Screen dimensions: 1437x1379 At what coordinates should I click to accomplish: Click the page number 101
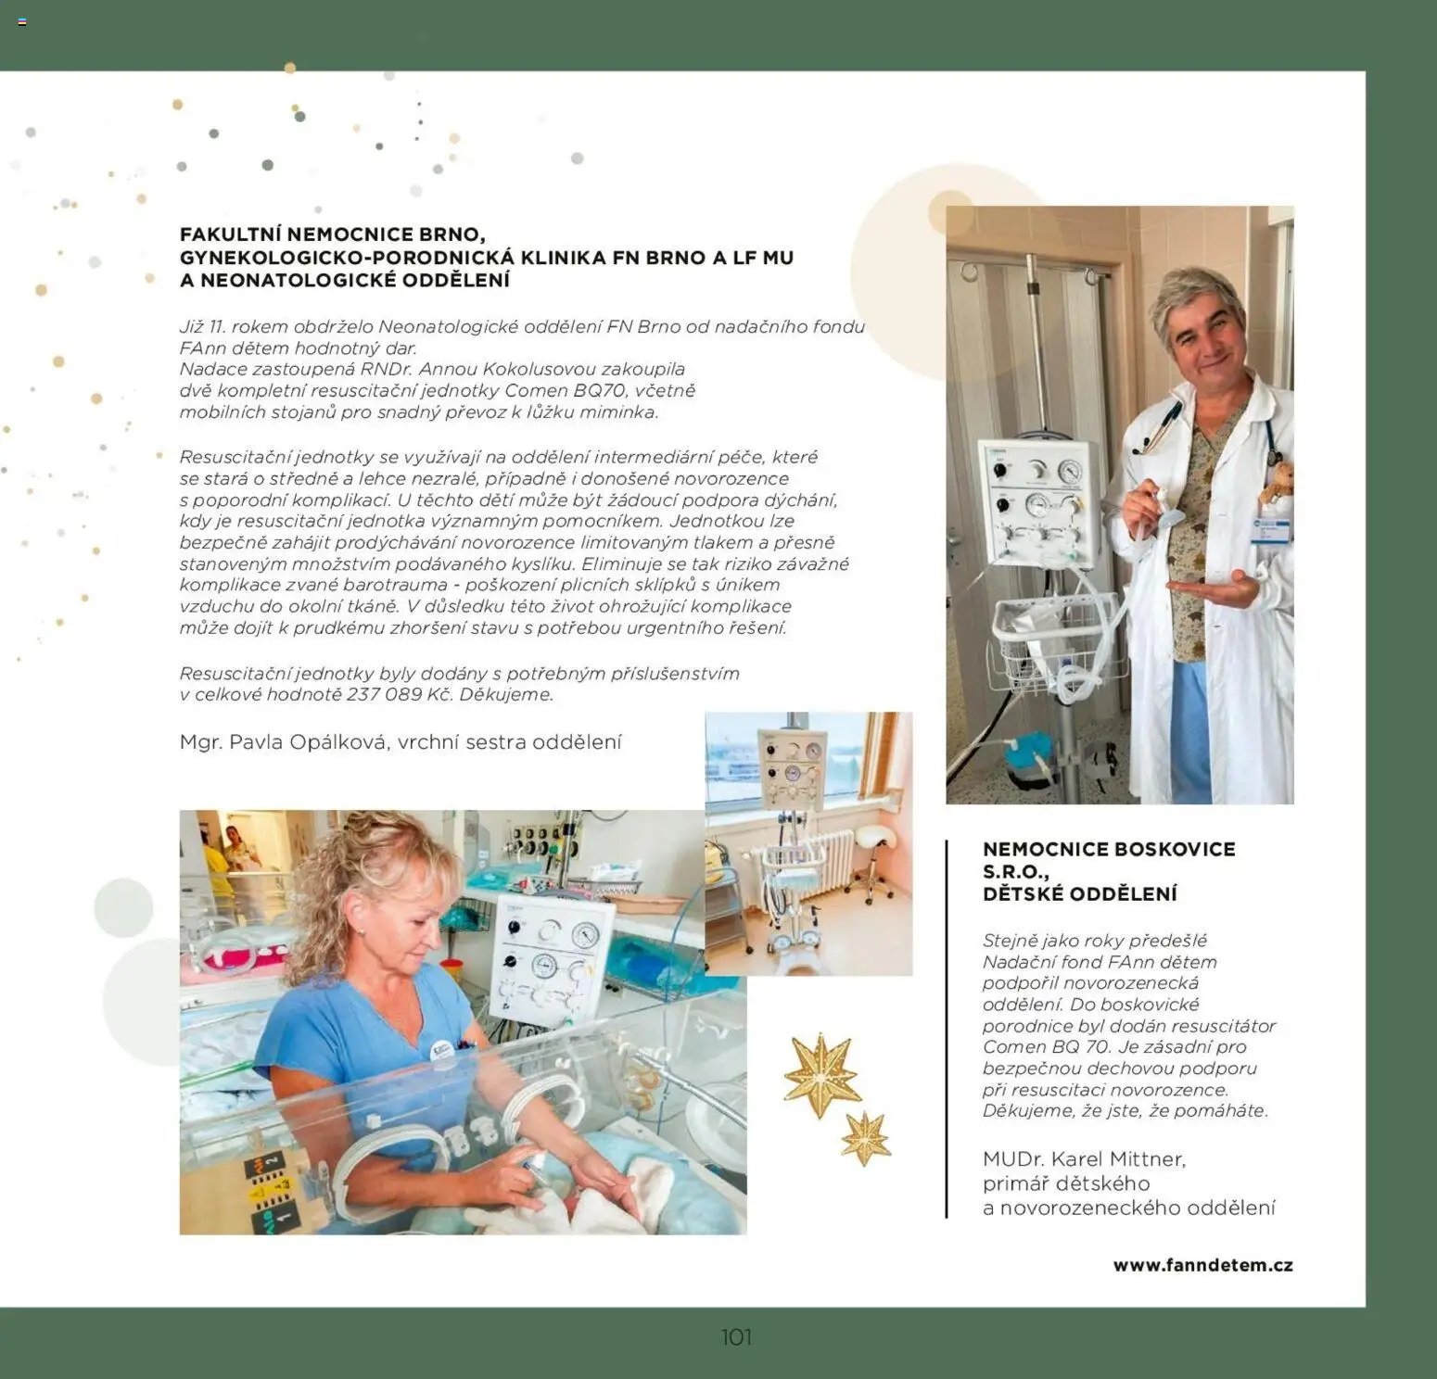(736, 1337)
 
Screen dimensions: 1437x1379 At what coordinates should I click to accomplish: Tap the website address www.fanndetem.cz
(1202, 1265)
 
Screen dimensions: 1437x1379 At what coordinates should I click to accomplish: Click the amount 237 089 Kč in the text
(397, 694)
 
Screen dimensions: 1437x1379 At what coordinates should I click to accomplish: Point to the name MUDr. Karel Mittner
(1084, 1158)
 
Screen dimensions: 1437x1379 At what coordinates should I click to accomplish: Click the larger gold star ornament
(821, 1076)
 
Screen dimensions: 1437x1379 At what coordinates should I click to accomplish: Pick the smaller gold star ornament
(866, 1137)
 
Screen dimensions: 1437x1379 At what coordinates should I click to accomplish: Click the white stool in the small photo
(870, 857)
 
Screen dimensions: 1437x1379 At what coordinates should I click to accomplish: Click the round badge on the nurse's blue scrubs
(442, 1048)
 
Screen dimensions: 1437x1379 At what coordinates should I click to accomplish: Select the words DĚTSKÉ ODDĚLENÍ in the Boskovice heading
(1080, 894)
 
